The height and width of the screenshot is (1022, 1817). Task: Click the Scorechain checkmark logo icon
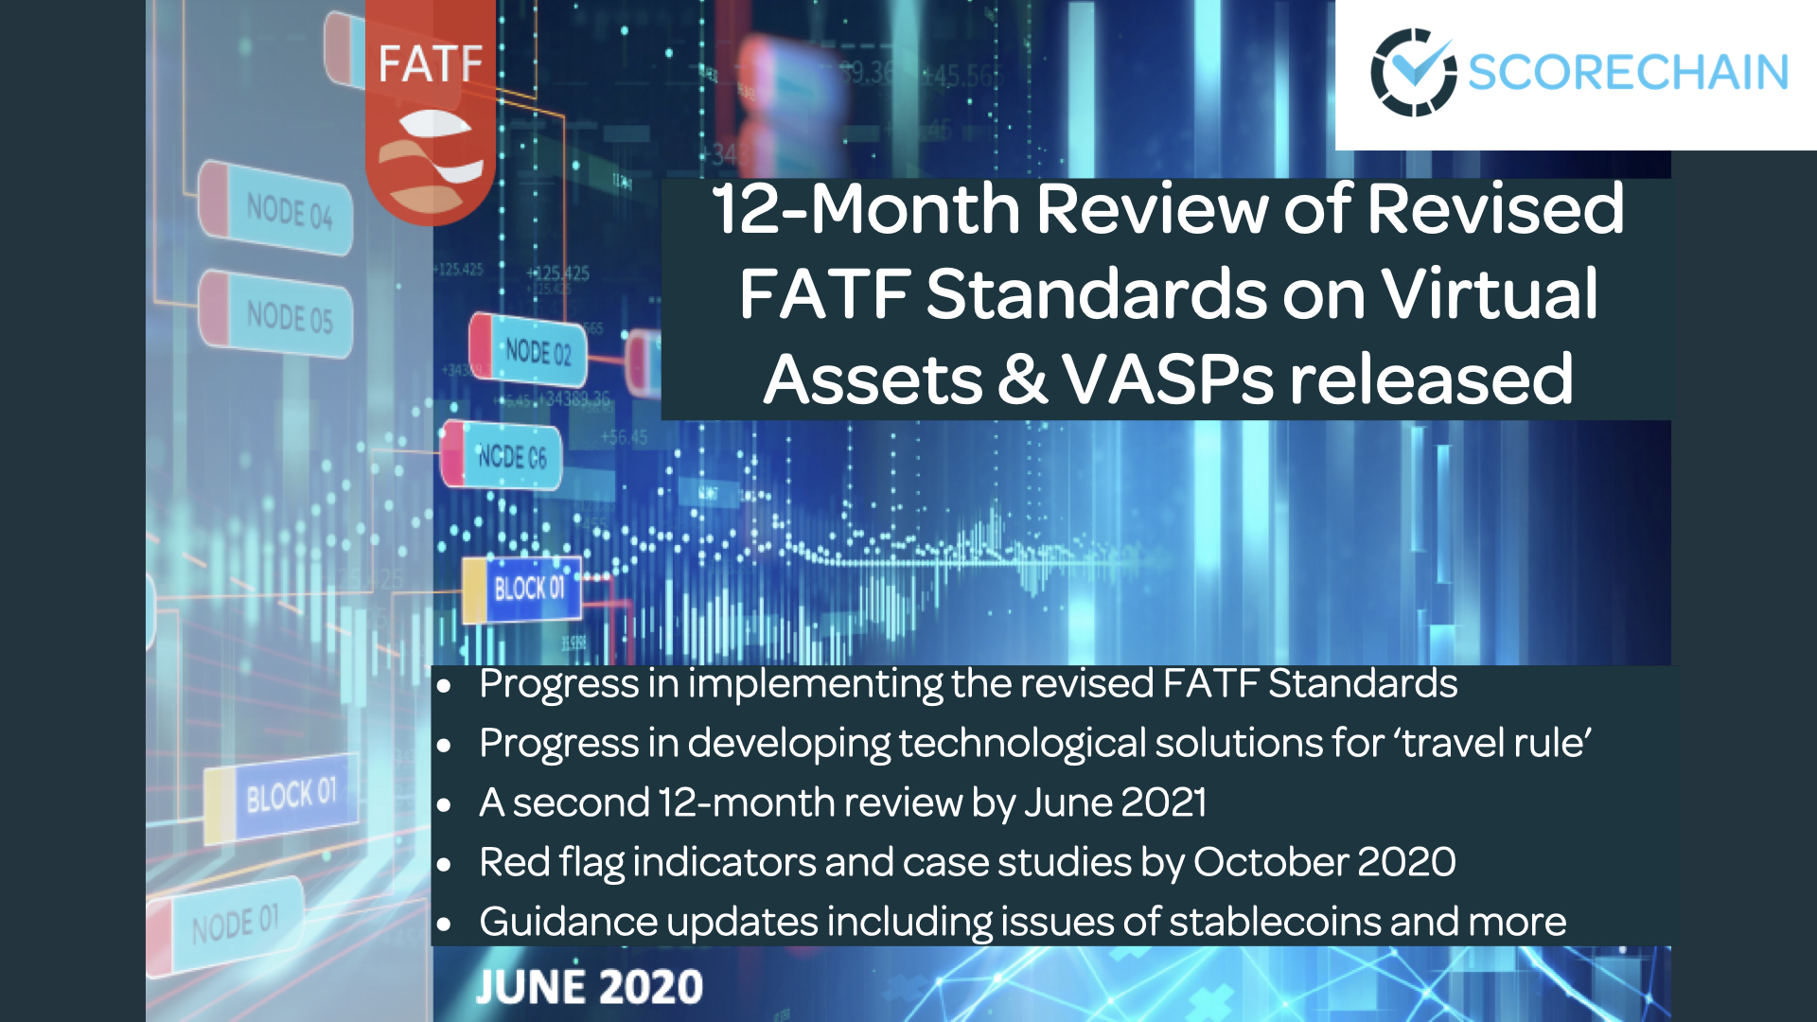click(1414, 72)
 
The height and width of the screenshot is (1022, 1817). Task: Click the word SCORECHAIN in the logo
click(1628, 73)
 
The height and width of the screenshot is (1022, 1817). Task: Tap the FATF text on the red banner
click(431, 65)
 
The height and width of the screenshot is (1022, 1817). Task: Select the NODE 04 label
click(288, 210)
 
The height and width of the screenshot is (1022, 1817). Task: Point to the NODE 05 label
click(289, 316)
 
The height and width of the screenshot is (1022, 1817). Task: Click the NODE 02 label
click(538, 352)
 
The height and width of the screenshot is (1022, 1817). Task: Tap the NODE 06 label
click(511, 457)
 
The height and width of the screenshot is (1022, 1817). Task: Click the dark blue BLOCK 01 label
click(529, 589)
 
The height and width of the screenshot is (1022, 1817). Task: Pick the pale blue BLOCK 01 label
click(291, 795)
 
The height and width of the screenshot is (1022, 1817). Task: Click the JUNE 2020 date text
click(589, 988)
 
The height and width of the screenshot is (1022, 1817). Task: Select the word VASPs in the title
click(1168, 380)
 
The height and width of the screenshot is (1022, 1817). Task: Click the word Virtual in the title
click(1490, 294)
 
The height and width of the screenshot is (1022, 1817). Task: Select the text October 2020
click(1324, 862)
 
